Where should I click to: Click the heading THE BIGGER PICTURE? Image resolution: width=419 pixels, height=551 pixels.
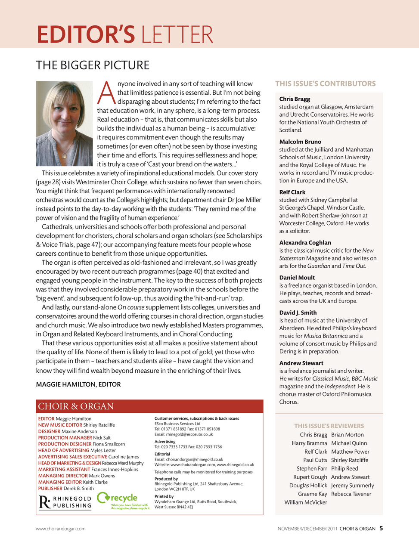[x=93, y=65]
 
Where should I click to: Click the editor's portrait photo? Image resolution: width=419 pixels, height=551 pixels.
[x=64, y=124]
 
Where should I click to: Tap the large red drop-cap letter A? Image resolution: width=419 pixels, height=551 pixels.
[x=106, y=93]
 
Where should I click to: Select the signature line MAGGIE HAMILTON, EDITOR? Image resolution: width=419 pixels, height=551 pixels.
[x=78, y=384]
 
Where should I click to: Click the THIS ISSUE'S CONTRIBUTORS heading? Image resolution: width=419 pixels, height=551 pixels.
[x=325, y=84]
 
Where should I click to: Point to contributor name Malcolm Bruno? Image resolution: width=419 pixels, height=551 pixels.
[x=300, y=142]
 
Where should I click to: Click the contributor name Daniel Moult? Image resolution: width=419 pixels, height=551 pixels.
[x=297, y=278]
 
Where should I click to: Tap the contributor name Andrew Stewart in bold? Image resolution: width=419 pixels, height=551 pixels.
[x=301, y=363]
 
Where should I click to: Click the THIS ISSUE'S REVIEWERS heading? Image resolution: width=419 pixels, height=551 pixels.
[x=329, y=426]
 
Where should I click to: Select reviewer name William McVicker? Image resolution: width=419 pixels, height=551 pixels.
[x=306, y=502]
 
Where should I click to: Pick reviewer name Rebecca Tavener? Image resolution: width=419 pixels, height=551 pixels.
[x=351, y=494]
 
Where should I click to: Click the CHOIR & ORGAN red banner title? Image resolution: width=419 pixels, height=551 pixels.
[x=76, y=406]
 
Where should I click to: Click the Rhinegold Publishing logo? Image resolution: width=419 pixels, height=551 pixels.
[x=65, y=502]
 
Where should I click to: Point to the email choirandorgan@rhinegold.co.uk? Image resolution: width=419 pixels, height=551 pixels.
[x=194, y=459]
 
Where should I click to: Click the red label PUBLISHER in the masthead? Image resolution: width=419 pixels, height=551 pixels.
[x=50, y=489]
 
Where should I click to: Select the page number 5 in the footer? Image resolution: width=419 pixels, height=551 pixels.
[x=381, y=529]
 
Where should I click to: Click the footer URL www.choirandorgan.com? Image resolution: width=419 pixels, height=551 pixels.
[x=60, y=529]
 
